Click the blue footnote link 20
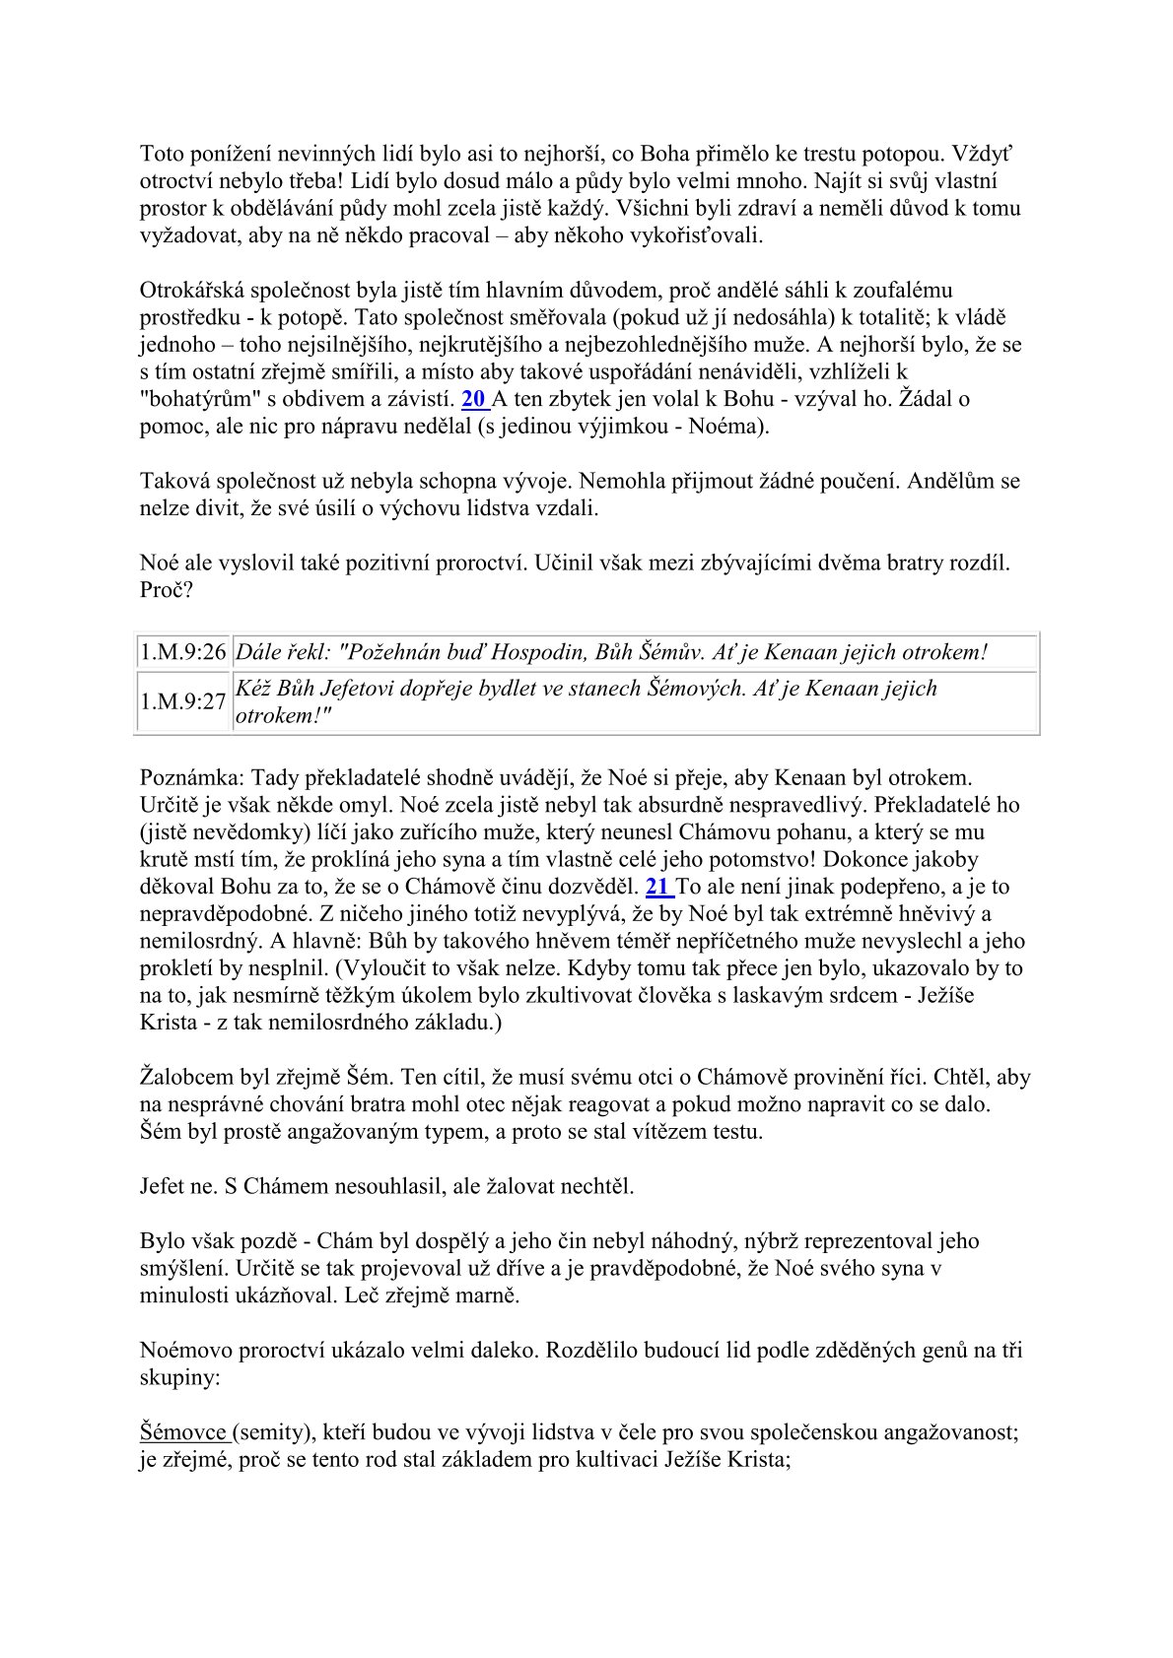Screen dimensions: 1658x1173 (x=472, y=400)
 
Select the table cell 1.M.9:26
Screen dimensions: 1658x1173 (x=183, y=652)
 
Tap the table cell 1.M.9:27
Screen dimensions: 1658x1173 (x=183, y=701)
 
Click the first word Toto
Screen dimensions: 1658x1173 (x=162, y=154)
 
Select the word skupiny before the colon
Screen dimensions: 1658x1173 (x=177, y=1377)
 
